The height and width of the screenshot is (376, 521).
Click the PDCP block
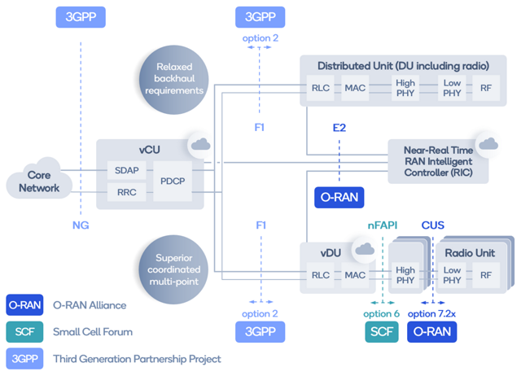[172, 181]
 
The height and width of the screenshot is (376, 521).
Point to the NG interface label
[80, 225]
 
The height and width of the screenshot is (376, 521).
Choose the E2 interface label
[339, 127]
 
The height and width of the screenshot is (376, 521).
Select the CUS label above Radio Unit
[432, 225]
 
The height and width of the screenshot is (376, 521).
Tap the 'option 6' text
[382, 313]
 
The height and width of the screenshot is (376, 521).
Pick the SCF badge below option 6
[382, 331]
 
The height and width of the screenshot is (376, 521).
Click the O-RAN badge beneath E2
[339, 197]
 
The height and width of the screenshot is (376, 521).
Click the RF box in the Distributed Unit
[486, 88]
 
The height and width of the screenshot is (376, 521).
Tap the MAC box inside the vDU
[355, 276]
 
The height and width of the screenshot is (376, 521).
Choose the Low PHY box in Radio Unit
[452, 276]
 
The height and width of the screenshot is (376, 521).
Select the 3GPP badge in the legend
[23, 357]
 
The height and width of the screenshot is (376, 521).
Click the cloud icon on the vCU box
[199, 145]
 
